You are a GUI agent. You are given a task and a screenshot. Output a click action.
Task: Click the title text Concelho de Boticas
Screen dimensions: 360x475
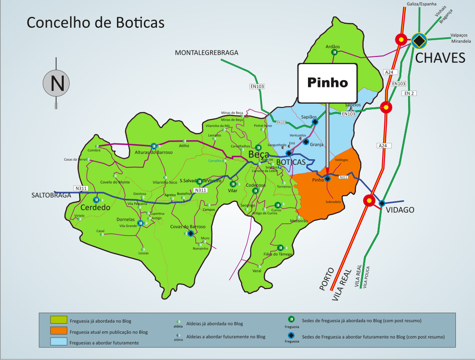(95, 22)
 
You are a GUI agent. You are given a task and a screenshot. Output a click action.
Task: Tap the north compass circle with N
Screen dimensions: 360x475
(56, 83)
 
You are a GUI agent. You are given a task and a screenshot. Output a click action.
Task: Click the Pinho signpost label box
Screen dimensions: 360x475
(327, 83)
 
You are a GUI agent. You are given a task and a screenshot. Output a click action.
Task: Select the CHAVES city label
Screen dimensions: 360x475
(440, 58)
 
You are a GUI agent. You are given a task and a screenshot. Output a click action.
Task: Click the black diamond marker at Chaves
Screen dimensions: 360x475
(419, 41)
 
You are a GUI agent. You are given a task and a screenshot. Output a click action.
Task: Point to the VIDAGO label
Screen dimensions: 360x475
(400, 210)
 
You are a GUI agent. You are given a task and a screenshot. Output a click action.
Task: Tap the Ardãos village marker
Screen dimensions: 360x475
(334, 52)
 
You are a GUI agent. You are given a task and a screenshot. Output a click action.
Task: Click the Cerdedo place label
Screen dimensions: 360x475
(96, 208)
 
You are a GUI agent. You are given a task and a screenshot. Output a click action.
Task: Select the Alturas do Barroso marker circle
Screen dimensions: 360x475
(154, 146)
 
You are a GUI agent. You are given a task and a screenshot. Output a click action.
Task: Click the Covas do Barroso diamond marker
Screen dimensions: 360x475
(190, 233)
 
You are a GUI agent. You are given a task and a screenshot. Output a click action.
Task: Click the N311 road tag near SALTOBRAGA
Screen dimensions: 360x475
(80, 188)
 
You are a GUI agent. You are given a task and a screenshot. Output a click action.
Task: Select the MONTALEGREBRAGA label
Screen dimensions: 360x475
(207, 53)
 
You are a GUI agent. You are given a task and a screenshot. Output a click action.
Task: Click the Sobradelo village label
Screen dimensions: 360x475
(333, 201)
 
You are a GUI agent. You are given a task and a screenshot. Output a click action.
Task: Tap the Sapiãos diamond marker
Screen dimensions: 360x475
(314, 122)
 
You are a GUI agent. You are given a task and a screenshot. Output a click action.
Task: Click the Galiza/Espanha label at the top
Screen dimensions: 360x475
(420, 4)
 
